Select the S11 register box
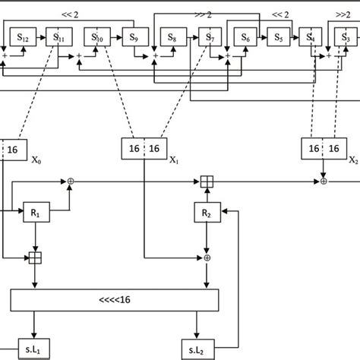pyautogui.click(x=58, y=36)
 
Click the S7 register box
pyautogui.click(x=207, y=36)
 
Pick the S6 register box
pyautogui.click(x=245, y=36)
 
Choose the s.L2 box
pyautogui.click(x=197, y=349)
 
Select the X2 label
pyautogui.click(x=352, y=160)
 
